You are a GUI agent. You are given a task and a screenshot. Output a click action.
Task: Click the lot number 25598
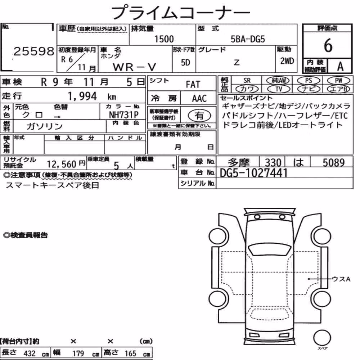(x=34, y=51)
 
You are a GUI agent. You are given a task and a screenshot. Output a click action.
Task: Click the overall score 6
(x=328, y=45)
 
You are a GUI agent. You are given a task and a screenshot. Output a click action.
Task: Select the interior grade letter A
(x=340, y=67)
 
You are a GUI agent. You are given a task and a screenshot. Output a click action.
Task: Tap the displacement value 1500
(x=164, y=39)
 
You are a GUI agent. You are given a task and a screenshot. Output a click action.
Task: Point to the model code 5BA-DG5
(x=248, y=39)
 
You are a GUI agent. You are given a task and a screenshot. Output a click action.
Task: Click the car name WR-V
(x=134, y=67)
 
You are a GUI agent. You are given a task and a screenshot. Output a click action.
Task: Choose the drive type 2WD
(x=287, y=61)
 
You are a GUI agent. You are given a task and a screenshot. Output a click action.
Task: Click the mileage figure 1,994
(x=82, y=96)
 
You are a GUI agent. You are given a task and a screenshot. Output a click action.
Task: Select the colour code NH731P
(x=124, y=115)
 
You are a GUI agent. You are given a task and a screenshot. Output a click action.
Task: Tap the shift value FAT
(x=193, y=85)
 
